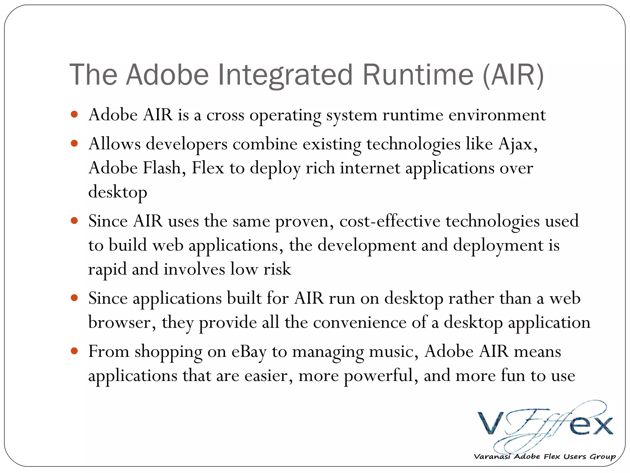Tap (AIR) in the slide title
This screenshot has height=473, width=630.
(x=513, y=75)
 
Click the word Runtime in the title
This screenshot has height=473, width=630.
(x=418, y=75)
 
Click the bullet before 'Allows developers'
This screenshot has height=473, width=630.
(x=74, y=144)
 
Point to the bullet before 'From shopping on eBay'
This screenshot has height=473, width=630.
(x=74, y=351)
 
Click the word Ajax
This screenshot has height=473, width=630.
(x=518, y=144)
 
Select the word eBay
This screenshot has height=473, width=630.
(x=249, y=352)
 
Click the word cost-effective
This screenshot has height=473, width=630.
(x=390, y=221)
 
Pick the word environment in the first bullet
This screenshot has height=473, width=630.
(x=497, y=115)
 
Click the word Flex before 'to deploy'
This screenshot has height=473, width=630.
(x=208, y=168)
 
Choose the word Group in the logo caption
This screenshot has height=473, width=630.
(x=603, y=456)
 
